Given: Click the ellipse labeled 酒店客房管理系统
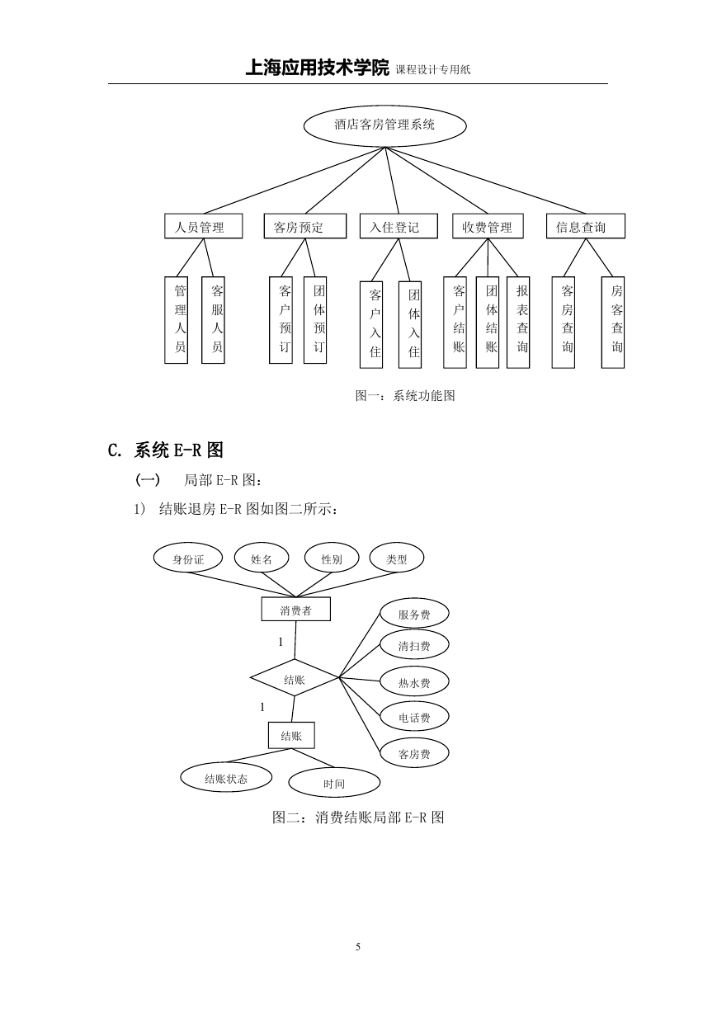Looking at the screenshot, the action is [384, 125].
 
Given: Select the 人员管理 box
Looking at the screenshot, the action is [203, 226].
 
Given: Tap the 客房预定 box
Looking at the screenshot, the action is [305, 226].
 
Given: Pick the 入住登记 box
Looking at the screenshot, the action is [399, 226].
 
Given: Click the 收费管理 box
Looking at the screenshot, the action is [488, 226].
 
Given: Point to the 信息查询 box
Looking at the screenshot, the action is [585, 226].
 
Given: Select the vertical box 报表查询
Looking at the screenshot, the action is [518, 323].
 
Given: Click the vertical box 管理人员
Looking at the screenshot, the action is [176, 320].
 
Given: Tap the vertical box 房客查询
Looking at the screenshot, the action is [613, 323].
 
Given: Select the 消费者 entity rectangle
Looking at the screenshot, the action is [296, 609].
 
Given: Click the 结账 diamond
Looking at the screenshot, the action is [295, 677].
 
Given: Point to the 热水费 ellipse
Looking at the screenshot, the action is [414, 681].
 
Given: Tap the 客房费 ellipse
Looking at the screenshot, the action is [414, 752].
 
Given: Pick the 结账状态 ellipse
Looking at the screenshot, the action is [226, 777].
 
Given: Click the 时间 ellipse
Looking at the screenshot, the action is [334, 782].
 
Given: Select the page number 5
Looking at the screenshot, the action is [358, 946].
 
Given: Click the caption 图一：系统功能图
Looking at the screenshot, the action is [405, 396].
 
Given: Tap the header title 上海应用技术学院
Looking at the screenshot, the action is [317, 68].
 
